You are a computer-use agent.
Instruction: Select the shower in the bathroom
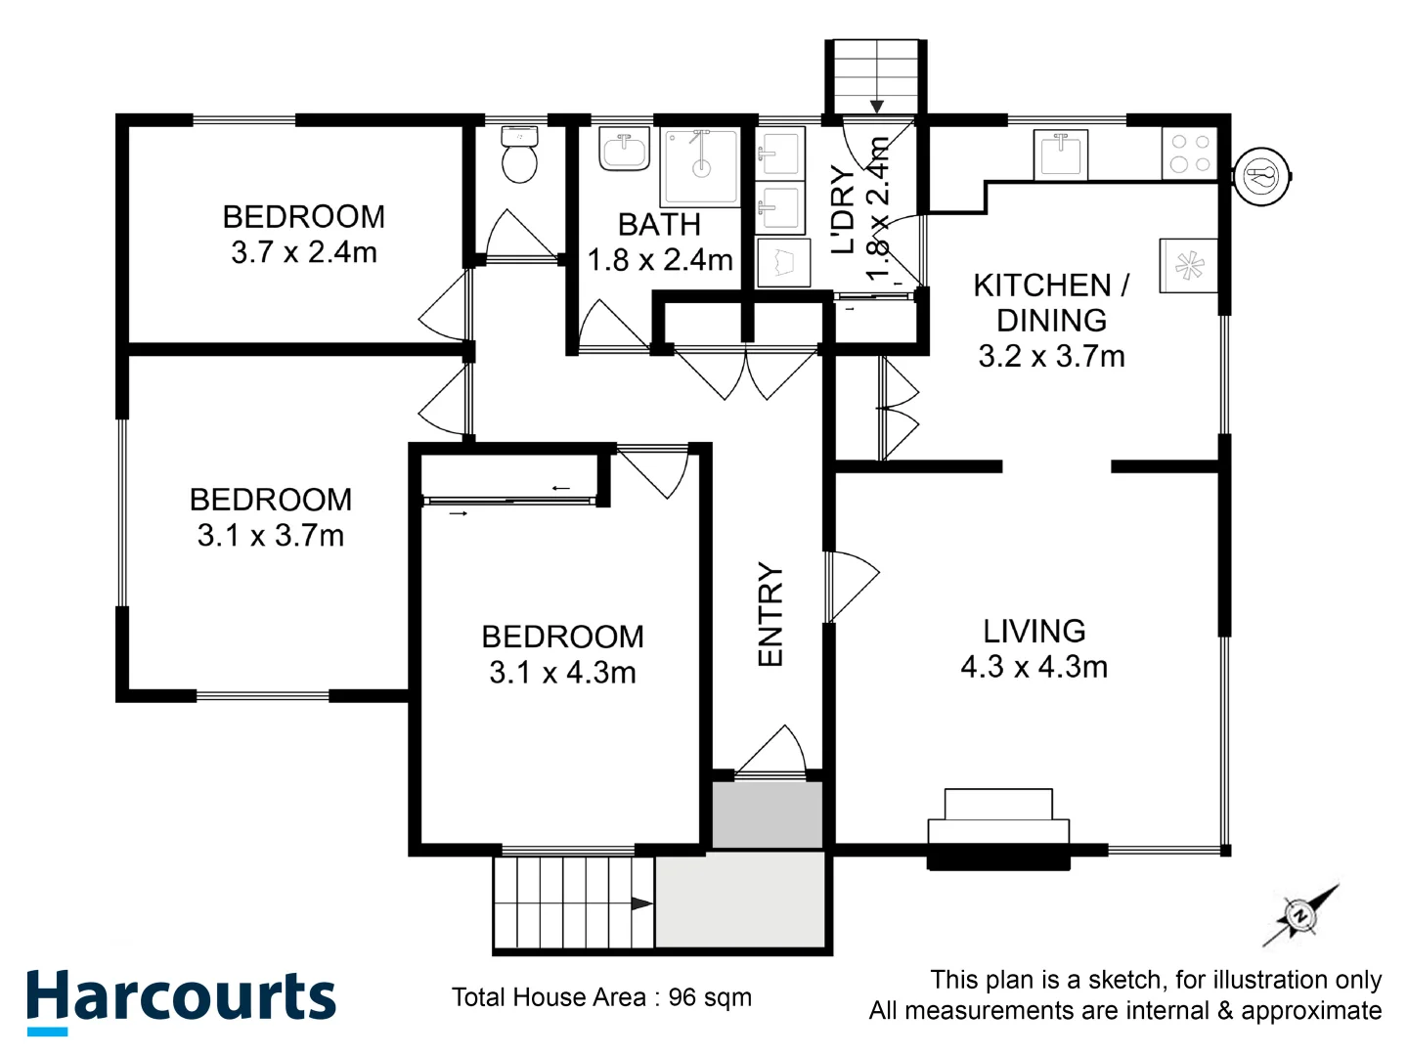pyautogui.click(x=700, y=166)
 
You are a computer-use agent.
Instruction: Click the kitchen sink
pyautogui.click(x=1061, y=154)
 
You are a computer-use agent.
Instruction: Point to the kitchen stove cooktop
pyautogui.click(x=1189, y=154)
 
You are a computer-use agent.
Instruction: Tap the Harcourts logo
pyautogui.click(x=181, y=999)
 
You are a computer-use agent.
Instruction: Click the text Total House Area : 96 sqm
pyautogui.click(x=601, y=997)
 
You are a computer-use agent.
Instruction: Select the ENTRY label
pyautogui.click(x=770, y=615)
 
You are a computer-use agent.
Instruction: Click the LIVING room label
pyautogui.click(x=1034, y=631)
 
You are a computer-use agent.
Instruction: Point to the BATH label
pyautogui.click(x=659, y=224)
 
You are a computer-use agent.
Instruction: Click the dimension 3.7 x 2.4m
pyautogui.click(x=304, y=252)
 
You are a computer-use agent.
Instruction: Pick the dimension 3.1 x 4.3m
pyautogui.click(x=562, y=673)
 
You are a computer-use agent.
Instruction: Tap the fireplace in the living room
pyautogui.click(x=998, y=831)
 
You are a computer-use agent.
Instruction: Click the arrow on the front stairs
pyautogui.click(x=641, y=903)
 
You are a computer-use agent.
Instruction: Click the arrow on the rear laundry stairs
pyautogui.click(x=876, y=106)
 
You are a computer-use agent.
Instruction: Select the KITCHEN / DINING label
pyautogui.click(x=1051, y=302)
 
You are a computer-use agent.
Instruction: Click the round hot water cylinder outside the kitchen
pyautogui.click(x=1261, y=177)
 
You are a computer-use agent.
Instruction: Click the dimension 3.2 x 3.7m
pyautogui.click(x=1051, y=356)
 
